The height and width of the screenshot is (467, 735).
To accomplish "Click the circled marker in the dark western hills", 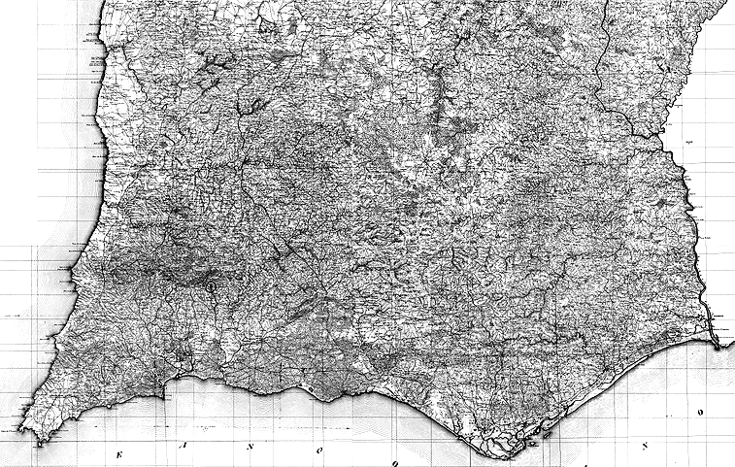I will [210, 287].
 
